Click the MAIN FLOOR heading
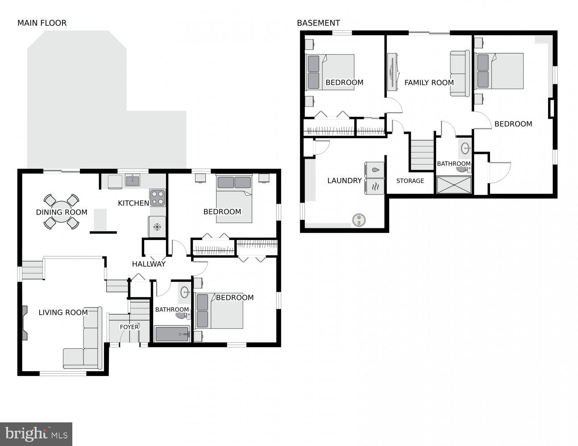coord(42,23)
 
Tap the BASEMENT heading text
coord(318,23)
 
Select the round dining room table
coord(62,212)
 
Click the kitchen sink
coord(132,181)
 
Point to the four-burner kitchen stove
coord(157,198)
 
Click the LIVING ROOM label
coord(63,312)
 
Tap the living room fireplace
coord(24,322)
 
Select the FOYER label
coord(129,327)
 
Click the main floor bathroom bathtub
coord(172,334)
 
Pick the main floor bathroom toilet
coord(182,315)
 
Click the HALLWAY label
coord(149,264)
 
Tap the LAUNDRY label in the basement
coord(344,181)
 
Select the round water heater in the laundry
coord(359,219)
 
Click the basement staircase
coord(422,155)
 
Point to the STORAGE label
coord(410,181)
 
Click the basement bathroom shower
coord(454,185)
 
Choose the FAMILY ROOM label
coord(429,83)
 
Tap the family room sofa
coord(459,74)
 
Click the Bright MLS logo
coord(36,434)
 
